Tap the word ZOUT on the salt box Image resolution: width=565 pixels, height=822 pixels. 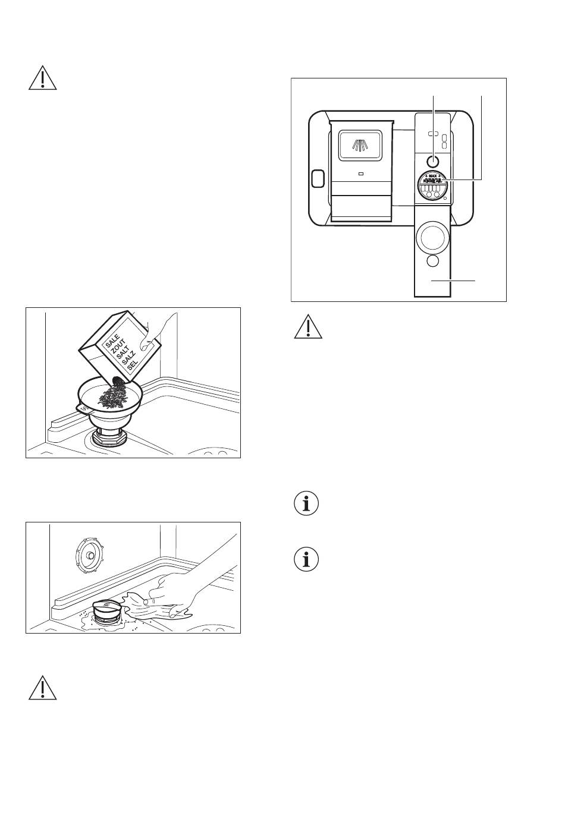click(118, 349)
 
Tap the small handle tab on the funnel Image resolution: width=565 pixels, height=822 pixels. click(82, 408)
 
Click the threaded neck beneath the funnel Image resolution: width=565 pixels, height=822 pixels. click(109, 440)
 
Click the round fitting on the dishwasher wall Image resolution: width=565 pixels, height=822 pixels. click(87, 555)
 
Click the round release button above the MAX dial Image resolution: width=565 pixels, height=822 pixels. click(433, 160)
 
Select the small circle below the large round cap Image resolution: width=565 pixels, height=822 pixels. click(433, 262)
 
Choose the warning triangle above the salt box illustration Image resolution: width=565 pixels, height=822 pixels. click(43, 78)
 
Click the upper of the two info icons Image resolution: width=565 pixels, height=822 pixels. click(307, 505)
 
